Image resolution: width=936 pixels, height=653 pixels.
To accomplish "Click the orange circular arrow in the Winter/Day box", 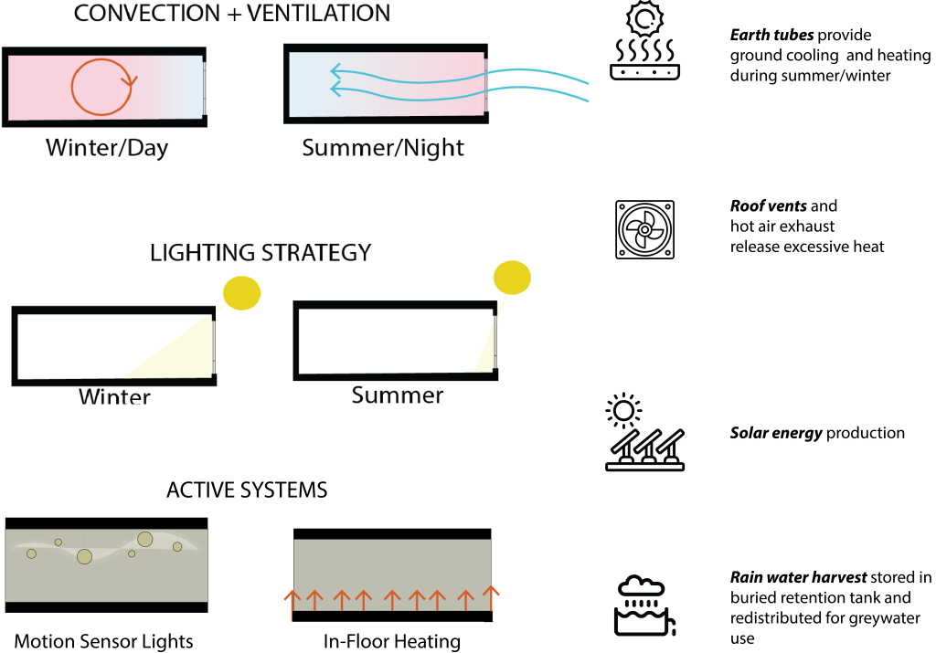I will [x=101, y=87].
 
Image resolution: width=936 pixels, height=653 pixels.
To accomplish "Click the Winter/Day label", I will [x=107, y=148].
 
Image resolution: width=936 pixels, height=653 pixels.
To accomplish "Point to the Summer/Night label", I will [x=383, y=148].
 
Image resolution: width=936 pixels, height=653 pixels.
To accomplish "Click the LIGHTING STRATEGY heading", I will [x=261, y=253].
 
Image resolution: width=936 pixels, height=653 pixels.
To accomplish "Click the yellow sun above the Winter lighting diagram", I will [x=242, y=293].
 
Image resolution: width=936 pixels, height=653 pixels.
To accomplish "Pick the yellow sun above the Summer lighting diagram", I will [x=512, y=278].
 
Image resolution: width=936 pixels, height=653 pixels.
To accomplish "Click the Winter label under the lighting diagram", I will [x=114, y=397].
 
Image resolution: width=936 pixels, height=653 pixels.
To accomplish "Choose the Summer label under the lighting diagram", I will [x=397, y=395].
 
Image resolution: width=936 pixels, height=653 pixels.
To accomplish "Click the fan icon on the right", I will [x=644, y=229].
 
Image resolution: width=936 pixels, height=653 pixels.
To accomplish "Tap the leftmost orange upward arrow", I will [x=292, y=600].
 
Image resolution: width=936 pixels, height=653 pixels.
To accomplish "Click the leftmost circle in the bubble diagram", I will [x=31, y=553].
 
